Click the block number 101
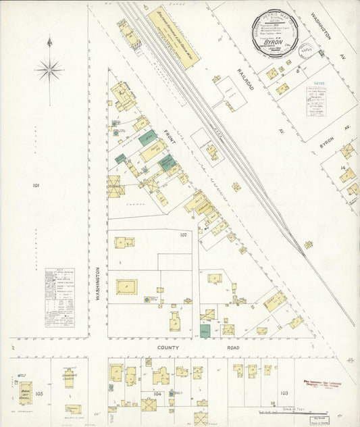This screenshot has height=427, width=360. [36, 184]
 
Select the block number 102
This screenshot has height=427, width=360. [183, 235]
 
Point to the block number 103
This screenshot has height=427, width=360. [284, 393]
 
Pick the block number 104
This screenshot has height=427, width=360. [157, 393]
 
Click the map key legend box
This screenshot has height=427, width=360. [59, 297]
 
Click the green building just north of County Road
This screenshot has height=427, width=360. [205, 331]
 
